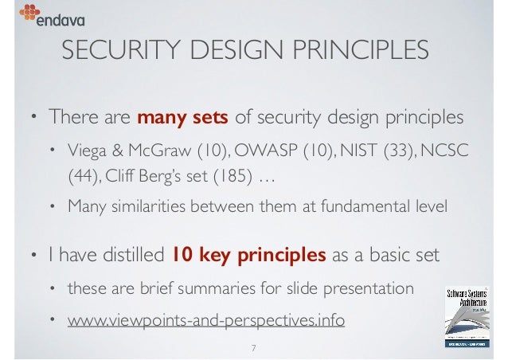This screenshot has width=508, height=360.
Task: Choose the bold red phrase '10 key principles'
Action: point(249,256)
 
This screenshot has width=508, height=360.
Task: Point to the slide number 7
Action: point(253,347)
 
